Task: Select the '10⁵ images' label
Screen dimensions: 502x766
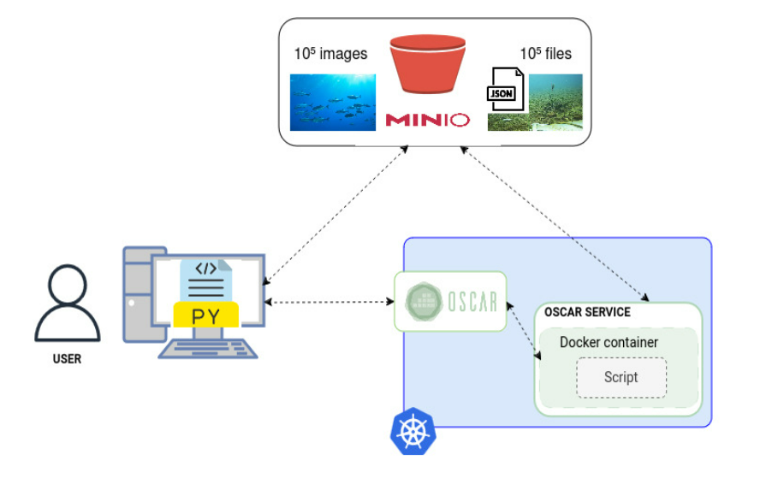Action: tap(330, 54)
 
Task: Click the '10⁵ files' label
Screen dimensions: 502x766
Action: tap(545, 54)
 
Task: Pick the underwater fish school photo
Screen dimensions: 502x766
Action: tap(332, 102)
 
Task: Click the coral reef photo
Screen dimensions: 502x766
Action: tap(554, 102)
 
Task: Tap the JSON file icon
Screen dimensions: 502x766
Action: tap(504, 90)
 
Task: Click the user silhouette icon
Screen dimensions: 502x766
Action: tap(67, 303)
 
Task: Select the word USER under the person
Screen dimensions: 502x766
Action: tap(67, 359)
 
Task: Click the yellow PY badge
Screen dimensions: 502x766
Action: tap(205, 316)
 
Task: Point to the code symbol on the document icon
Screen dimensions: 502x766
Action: tap(205, 269)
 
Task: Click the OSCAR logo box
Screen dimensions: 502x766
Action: tap(450, 301)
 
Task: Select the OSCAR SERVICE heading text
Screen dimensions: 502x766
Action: tap(587, 312)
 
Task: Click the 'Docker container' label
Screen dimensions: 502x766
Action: tap(609, 342)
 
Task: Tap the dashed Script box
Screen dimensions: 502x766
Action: tap(621, 377)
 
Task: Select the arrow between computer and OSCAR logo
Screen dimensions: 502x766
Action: tap(330, 302)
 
